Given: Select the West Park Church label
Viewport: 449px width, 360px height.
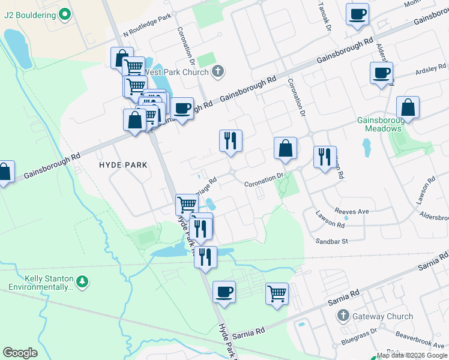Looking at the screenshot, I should pos(176,72).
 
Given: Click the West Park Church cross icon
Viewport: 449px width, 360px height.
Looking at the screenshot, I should pos(218,72).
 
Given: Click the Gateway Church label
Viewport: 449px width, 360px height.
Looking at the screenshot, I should pos(383,316).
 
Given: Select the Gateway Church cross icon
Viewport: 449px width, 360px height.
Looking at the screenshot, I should pos(343,316).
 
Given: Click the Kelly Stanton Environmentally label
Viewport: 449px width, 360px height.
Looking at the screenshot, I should pos(47,283).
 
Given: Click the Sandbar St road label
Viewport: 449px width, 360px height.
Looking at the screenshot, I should pos(333,241).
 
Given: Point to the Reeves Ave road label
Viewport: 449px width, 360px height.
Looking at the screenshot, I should pos(335,211).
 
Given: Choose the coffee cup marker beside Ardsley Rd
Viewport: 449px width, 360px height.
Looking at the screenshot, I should pos(381,74).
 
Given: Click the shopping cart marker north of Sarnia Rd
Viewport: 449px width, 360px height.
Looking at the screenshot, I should pos(277,294).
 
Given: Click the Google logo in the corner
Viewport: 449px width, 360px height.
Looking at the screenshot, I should pos(20,353).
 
